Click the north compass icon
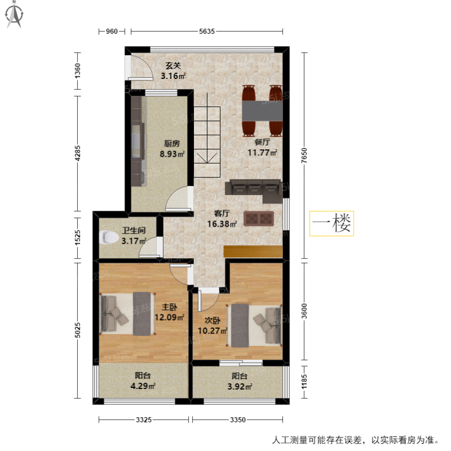point(14,15)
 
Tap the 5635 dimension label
point(207,31)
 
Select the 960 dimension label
point(112,31)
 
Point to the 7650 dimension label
point(304,155)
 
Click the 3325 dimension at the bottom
point(144,420)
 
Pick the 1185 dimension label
point(304,382)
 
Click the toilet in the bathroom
point(109,237)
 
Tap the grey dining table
point(262,111)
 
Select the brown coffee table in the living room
point(259,219)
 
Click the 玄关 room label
point(173,66)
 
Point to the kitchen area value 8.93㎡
point(172,154)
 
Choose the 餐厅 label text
point(262,142)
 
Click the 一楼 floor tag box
point(331,223)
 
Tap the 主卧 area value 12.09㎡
point(169,317)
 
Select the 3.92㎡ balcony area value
point(240,386)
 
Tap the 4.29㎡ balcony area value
point(143,386)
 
